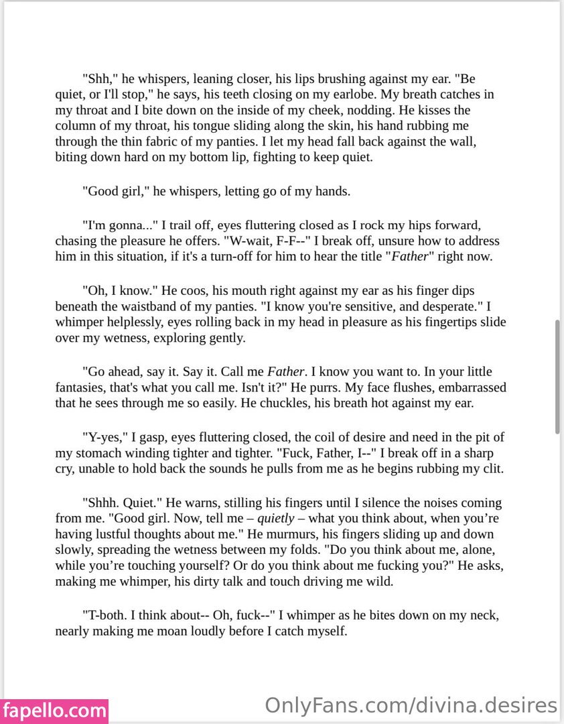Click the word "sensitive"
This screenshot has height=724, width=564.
(x=356, y=306)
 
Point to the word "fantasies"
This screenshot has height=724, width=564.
(x=82, y=387)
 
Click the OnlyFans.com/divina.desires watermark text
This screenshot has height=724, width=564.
(x=411, y=705)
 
